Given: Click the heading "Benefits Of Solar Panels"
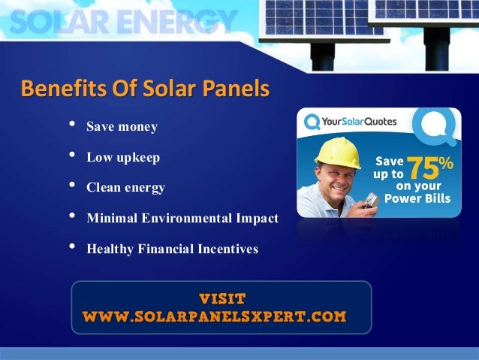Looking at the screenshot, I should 145,89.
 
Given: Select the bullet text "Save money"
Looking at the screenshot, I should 122,127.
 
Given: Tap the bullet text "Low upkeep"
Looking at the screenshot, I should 123,158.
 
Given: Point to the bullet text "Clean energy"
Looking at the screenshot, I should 125,188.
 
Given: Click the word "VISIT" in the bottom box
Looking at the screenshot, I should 221,298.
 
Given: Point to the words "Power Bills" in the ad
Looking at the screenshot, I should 417,199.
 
